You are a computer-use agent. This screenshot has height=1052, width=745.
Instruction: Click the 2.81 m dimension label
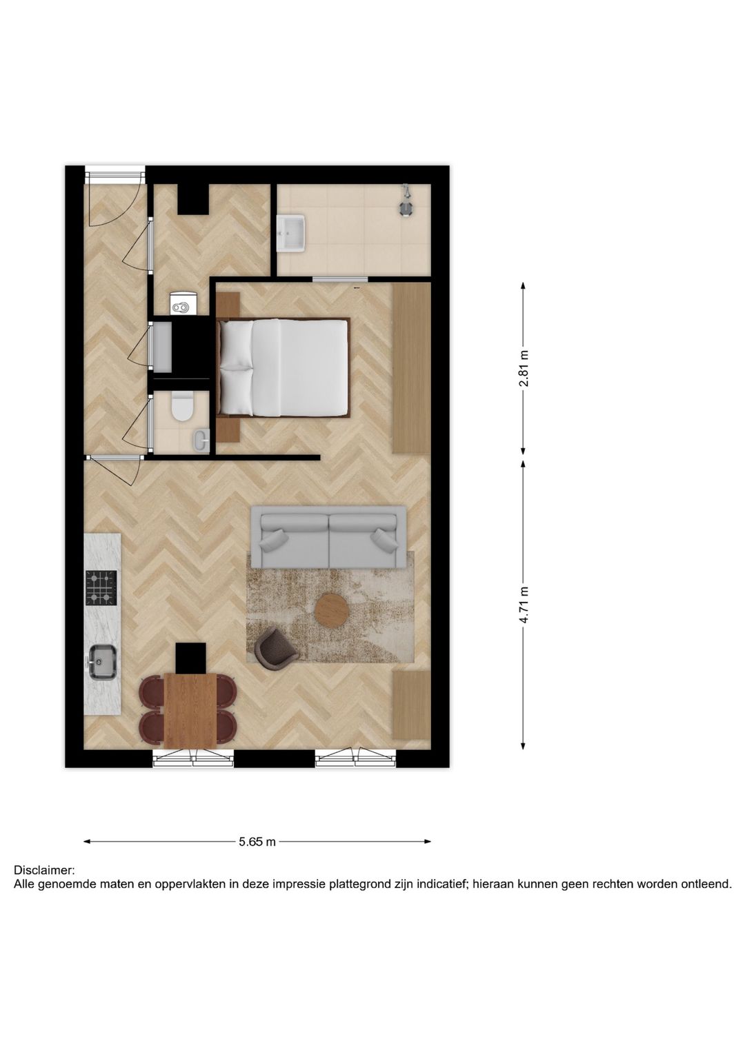[x=524, y=369]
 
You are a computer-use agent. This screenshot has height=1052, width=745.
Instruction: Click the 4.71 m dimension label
[x=524, y=605]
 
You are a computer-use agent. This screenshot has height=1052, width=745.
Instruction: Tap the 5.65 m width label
[x=257, y=842]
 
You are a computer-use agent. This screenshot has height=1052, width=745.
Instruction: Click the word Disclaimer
[x=44, y=871]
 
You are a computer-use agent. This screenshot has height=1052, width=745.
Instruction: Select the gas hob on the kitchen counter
[x=101, y=587]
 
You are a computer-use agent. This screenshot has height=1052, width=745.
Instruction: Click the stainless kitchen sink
[x=102, y=662]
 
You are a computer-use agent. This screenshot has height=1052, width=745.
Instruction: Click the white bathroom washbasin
[x=290, y=233]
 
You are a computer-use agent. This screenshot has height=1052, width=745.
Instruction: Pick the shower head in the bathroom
[x=406, y=201]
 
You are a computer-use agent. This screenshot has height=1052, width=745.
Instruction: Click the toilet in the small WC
[x=183, y=406]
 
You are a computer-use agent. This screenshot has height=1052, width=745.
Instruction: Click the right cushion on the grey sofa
[x=384, y=538]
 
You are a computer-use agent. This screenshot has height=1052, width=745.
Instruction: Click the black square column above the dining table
[x=190, y=658]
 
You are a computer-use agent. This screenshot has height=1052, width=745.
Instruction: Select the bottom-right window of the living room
[x=356, y=759]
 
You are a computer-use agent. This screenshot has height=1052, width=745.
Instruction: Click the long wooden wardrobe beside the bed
[x=411, y=368]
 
